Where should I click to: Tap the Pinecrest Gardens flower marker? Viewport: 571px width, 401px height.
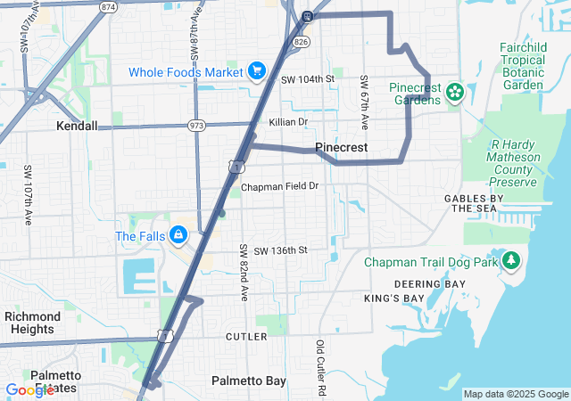[x=454, y=91]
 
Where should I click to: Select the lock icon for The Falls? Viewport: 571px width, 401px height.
[x=178, y=235]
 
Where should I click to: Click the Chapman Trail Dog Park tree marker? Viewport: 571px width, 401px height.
[x=511, y=261]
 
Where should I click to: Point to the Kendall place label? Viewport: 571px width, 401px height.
[x=77, y=127]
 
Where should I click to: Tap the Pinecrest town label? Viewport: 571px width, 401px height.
[x=342, y=147]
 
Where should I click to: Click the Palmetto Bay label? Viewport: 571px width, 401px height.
[x=249, y=381]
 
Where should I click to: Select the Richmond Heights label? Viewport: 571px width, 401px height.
[x=33, y=323]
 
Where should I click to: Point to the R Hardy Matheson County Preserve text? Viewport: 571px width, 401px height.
[x=514, y=163]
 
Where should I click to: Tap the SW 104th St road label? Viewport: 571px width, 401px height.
[x=307, y=79]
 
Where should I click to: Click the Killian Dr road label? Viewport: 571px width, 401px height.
[x=288, y=122]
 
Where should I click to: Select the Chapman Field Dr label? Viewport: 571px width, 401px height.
[x=279, y=186]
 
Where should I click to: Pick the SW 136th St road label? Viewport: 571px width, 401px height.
[x=279, y=251]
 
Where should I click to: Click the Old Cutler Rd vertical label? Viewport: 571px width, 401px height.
[x=319, y=368]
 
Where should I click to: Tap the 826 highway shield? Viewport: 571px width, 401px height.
[x=301, y=41]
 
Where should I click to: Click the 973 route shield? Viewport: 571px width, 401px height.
[x=196, y=125]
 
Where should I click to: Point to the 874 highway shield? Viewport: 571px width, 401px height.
[x=109, y=6]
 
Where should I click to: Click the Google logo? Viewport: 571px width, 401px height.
[x=29, y=390]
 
